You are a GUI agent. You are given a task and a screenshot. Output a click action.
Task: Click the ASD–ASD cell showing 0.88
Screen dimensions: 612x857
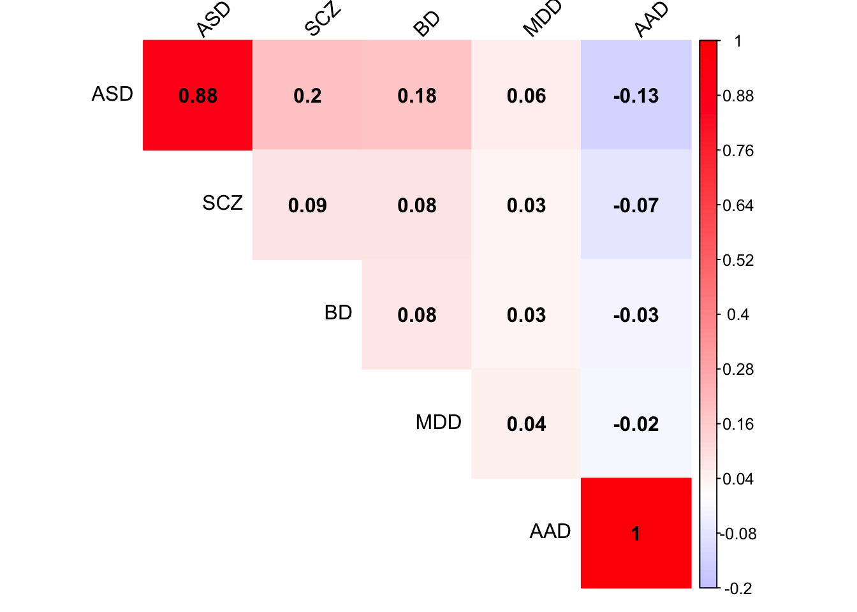tap(198, 96)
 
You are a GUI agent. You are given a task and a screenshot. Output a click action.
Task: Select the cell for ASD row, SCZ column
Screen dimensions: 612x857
tap(307, 96)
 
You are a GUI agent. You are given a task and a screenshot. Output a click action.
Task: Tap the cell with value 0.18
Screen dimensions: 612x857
tap(417, 96)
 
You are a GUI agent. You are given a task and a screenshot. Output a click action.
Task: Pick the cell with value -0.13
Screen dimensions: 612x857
tap(636, 96)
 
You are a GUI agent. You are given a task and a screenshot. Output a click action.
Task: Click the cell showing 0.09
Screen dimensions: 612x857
tap(307, 205)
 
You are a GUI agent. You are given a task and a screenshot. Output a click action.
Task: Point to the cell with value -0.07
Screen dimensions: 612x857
tap(636, 205)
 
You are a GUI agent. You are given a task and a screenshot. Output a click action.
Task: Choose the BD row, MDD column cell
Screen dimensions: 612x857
tap(526, 315)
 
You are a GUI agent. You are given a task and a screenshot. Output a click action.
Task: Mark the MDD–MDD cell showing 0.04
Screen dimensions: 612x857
tap(526, 424)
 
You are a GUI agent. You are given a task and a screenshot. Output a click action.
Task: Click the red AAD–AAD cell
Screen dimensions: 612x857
tap(636, 533)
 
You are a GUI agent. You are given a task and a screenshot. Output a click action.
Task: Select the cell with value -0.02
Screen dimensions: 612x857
tap(636, 424)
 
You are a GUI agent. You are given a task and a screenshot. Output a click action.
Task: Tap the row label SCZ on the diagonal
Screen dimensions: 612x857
tap(223, 203)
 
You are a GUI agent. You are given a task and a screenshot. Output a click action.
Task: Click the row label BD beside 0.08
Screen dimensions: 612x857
tap(338, 313)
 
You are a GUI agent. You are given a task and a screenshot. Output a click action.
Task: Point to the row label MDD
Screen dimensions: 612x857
tap(438, 423)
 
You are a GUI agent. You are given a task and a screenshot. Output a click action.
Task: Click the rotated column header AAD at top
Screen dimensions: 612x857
tap(652, 19)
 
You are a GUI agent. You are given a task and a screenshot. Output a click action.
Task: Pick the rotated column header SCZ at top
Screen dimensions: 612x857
tap(323, 19)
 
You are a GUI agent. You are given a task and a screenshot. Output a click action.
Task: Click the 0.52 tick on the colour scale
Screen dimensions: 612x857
tap(738, 260)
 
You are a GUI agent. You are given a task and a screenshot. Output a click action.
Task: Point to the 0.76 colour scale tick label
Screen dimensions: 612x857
tap(738, 150)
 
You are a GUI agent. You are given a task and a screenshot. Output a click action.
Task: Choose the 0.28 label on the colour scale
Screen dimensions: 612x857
tap(738, 370)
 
